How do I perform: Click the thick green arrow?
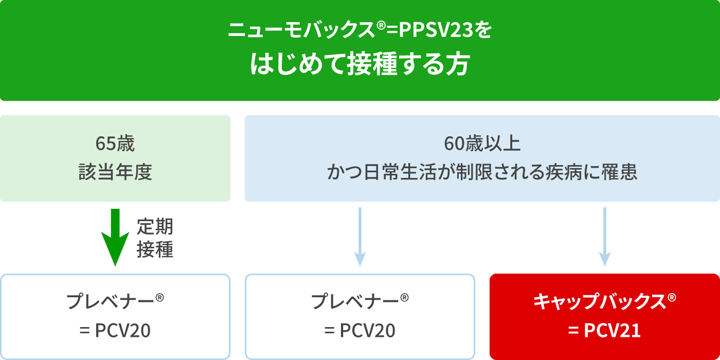tap(115, 237)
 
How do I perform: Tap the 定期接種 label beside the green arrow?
tap(155, 238)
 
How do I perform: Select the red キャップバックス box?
tap(604, 316)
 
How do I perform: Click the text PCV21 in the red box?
tap(612, 331)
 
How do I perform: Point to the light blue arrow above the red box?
tap(604, 237)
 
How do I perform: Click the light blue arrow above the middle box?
tap(360, 237)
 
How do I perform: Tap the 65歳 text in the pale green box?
tap(115, 145)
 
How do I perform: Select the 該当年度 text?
tap(115, 173)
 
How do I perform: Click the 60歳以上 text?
tap(482, 145)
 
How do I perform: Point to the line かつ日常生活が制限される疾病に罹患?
tap(482, 173)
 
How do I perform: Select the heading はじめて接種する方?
tap(360, 65)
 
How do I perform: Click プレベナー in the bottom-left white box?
tap(110, 302)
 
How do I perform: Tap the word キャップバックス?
tap(600, 302)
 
